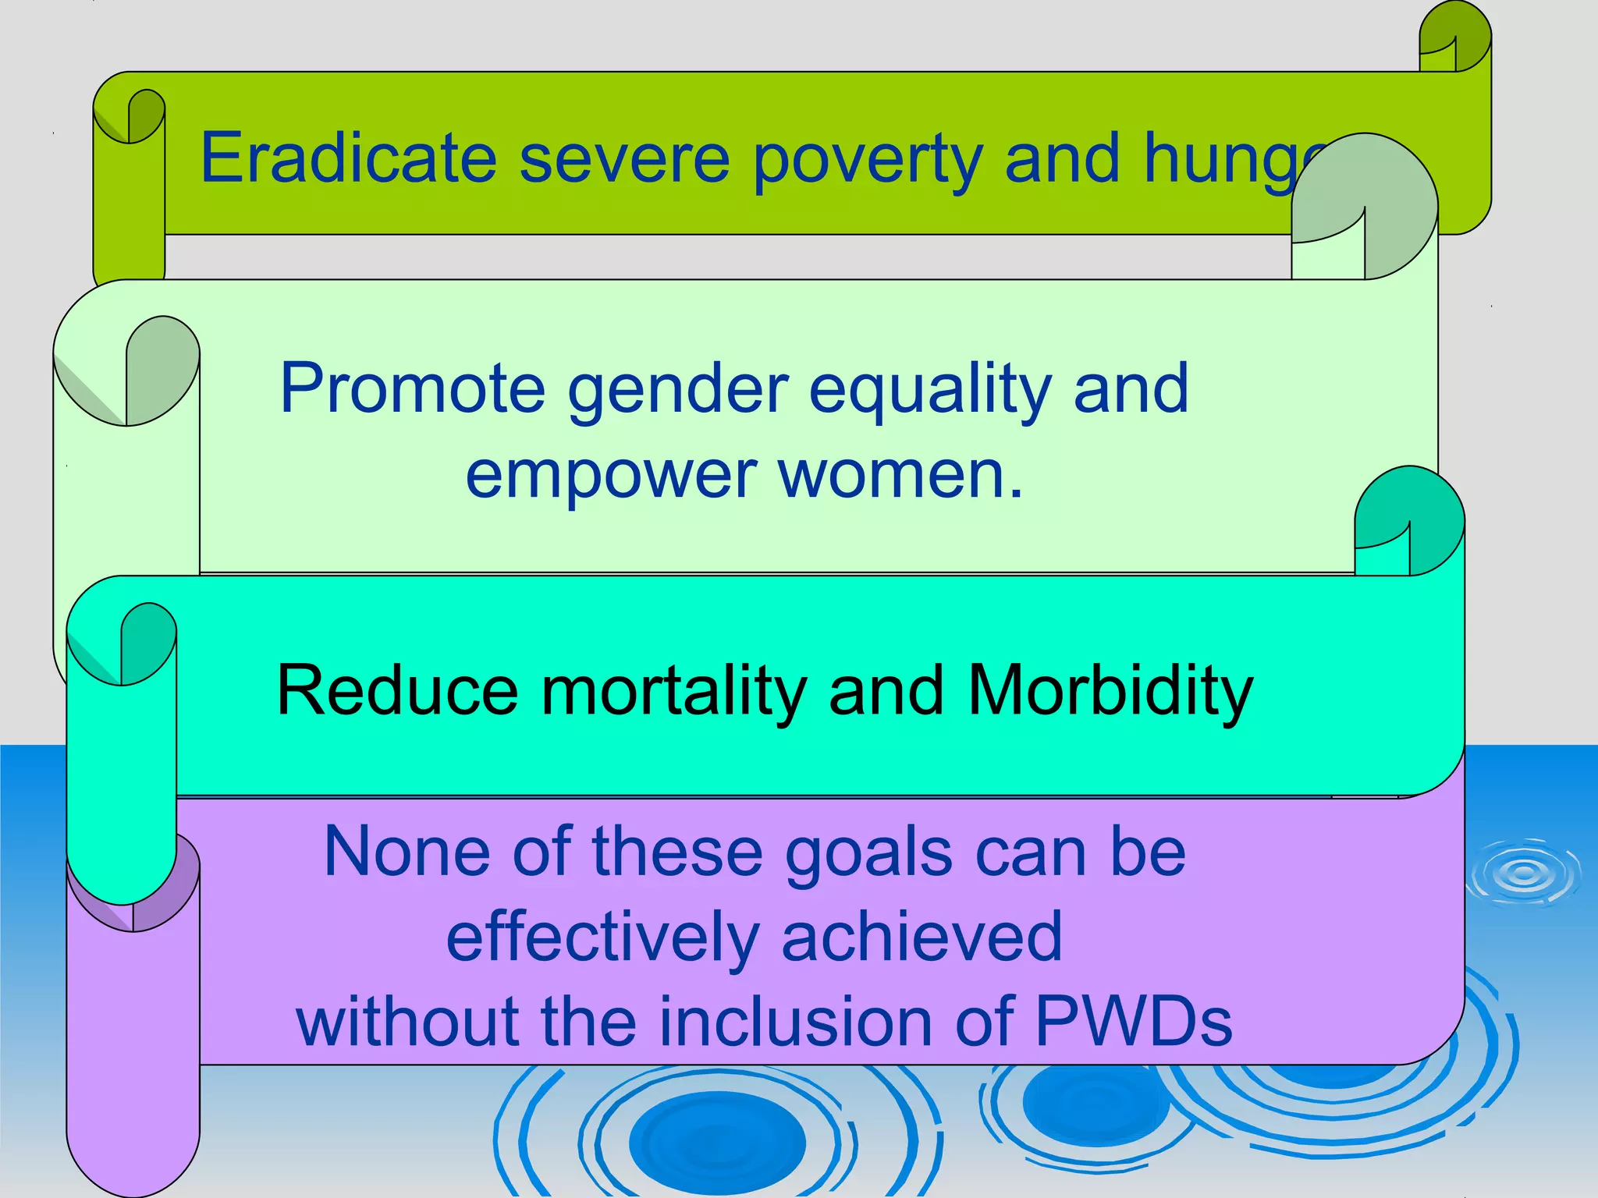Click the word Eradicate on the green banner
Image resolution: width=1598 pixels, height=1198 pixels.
pos(348,158)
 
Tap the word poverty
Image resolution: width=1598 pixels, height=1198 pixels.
pos(867,160)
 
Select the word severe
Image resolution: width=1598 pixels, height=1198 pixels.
pos(624,160)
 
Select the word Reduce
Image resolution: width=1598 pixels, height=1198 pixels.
pos(397,690)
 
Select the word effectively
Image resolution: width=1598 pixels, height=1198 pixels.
pos(602,937)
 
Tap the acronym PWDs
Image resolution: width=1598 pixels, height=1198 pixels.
pos(1133,1022)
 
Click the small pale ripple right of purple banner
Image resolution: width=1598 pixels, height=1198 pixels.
pos(1524,873)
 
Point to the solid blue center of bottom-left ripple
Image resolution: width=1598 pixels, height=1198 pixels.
pos(717,1142)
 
